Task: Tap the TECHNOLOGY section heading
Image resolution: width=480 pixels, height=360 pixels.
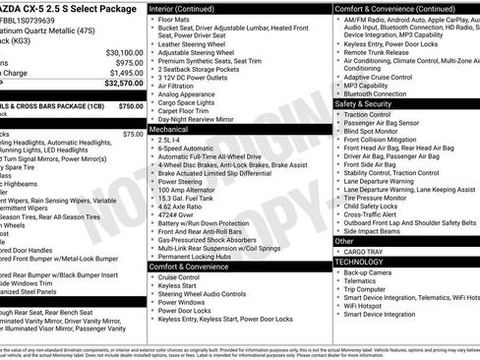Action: [360, 262]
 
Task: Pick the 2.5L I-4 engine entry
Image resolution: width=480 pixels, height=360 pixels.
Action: [169, 140]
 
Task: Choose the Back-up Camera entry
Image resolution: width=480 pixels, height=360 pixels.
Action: [373, 272]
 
